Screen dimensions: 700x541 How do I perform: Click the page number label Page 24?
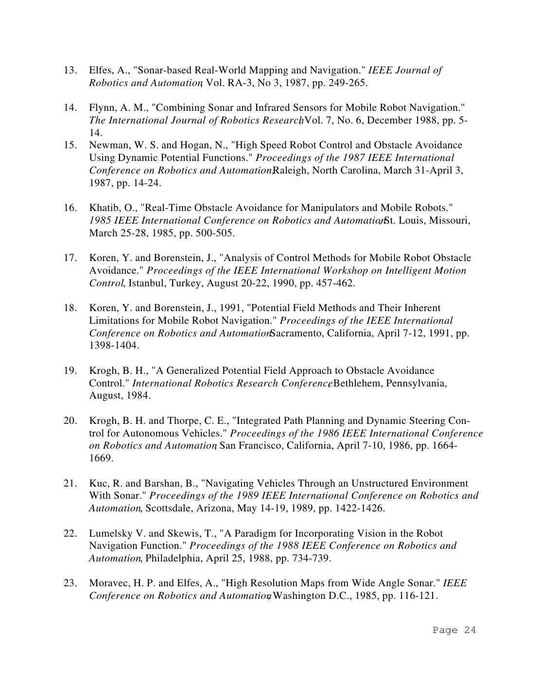[454, 630]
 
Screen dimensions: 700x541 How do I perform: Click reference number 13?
[70, 70]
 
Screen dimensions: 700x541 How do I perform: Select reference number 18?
[70, 308]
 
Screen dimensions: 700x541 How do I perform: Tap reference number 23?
[70, 583]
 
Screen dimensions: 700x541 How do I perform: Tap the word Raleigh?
[290, 170]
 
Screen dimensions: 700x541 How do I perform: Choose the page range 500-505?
[214, 233]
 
